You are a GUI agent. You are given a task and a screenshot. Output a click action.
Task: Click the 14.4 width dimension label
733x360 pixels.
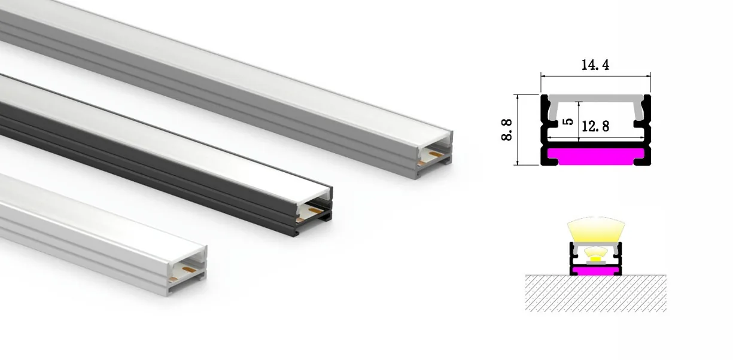pyautogui.click(x=595, y=65)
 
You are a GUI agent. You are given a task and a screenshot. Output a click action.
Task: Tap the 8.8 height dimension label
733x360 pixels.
pyautogui.click(x=506, y=130)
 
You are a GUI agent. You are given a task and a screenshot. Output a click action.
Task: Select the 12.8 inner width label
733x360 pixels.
pyautogui.click(x=595, y=126)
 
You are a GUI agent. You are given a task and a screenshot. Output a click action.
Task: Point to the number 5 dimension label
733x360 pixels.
pyautogui.click(x=568, y=121)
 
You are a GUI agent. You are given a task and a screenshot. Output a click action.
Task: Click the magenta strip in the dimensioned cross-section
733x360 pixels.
pyautogui.click(x=595, y=156)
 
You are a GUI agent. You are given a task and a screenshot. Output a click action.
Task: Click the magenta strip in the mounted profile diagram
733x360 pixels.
pyautogui.click(x=595, y=270)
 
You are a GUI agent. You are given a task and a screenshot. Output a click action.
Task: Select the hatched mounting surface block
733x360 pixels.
pyautogui.click(x=596, y=293)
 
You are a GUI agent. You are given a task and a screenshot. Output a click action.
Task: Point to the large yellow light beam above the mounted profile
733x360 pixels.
pyautogui.click(x=596, y=229)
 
